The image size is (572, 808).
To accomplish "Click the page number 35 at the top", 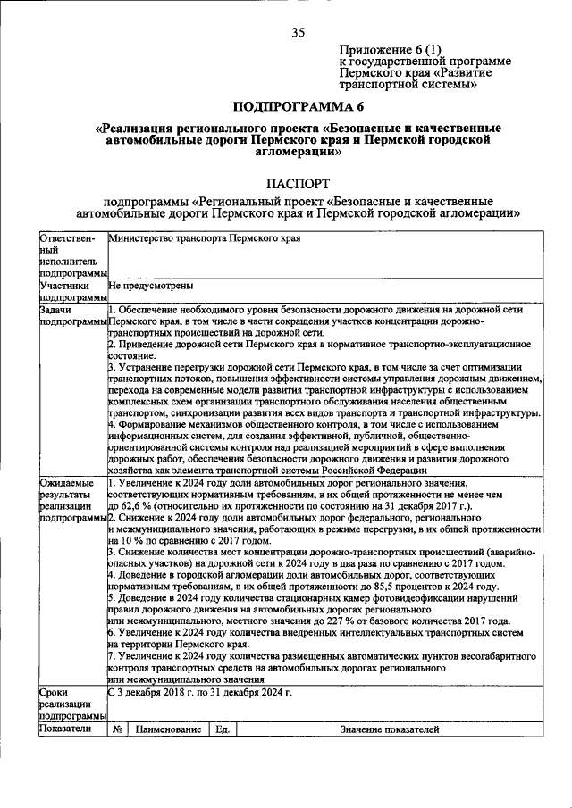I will (298, 33).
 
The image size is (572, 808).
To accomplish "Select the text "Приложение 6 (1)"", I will (391, 48).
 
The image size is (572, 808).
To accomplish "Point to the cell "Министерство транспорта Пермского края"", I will (204, 239).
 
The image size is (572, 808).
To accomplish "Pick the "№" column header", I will (117, 729).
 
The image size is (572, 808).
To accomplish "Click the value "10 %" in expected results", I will (121, 541).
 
